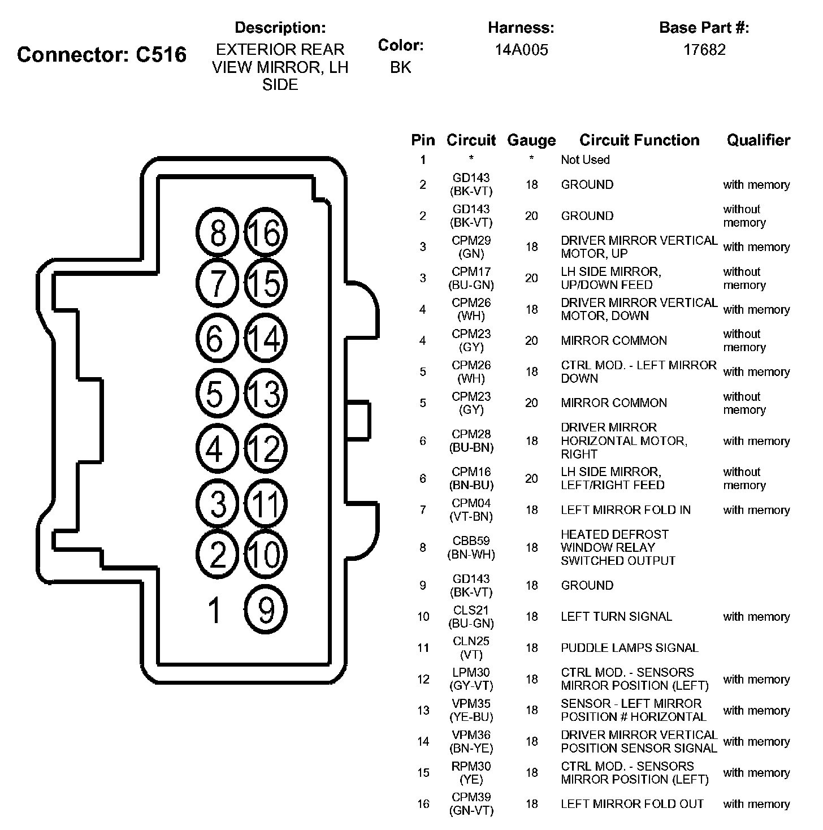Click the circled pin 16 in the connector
[x=266, y=232]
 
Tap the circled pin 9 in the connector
[x=266, y=609]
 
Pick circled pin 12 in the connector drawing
[x=266, y=448]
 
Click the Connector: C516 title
[x=102, y=55]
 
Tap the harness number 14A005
[x=521, y=50]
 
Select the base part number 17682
[x=704, y=50]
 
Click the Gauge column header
[x=531, y=140]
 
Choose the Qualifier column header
[x=758, y=140]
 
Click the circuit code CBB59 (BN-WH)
[x=471, y=547]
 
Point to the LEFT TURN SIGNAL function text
[x=616, y=616]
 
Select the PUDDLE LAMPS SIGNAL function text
[x=629, y=648]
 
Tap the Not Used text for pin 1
[x=585, y=160]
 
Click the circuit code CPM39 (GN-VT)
[x=471, y=803]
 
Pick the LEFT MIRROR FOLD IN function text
[x=625, y=510]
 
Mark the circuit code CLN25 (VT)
[x=471, y=648]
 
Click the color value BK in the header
[x=400, y=68]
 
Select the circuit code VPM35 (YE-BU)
[x=471, y=710]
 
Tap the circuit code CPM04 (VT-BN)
[x=471, y=510]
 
